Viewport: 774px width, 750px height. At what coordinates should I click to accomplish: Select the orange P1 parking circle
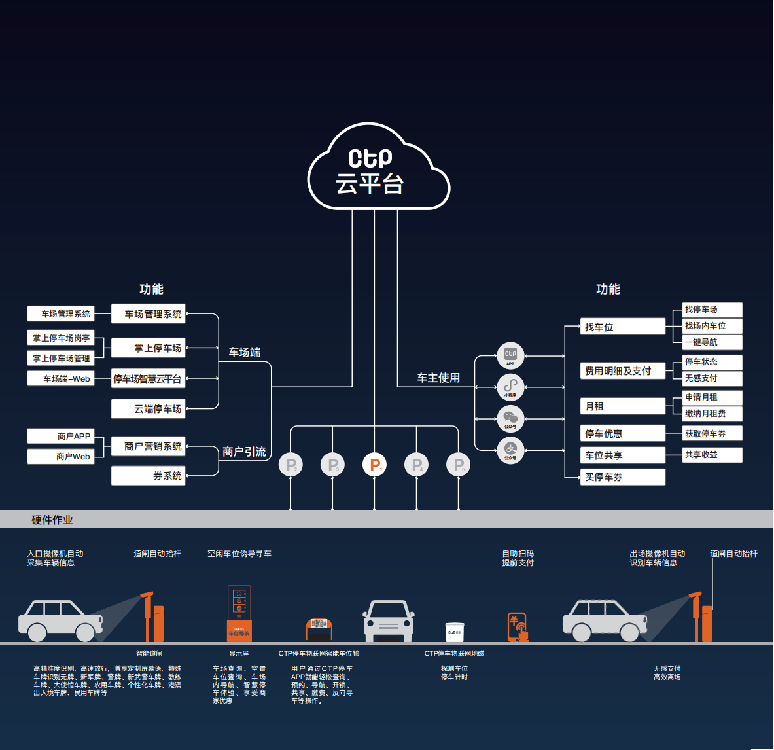374,465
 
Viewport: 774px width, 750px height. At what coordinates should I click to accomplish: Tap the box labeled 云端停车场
149,409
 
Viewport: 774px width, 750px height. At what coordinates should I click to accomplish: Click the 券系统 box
149,476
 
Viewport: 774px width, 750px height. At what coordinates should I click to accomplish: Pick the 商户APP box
61,436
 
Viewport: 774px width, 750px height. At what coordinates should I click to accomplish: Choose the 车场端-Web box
61,378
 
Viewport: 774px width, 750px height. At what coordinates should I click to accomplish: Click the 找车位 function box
622,327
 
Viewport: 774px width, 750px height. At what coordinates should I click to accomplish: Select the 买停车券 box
622,477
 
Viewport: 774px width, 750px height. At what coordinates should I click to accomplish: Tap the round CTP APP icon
510,355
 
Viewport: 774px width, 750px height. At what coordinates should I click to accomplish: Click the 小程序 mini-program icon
510,387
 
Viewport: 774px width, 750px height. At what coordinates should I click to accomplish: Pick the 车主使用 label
438,378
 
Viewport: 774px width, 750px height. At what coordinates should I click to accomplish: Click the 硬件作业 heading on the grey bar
52,520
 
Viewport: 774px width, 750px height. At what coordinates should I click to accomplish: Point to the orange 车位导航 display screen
239,613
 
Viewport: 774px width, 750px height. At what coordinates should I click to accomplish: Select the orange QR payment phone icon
518,627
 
